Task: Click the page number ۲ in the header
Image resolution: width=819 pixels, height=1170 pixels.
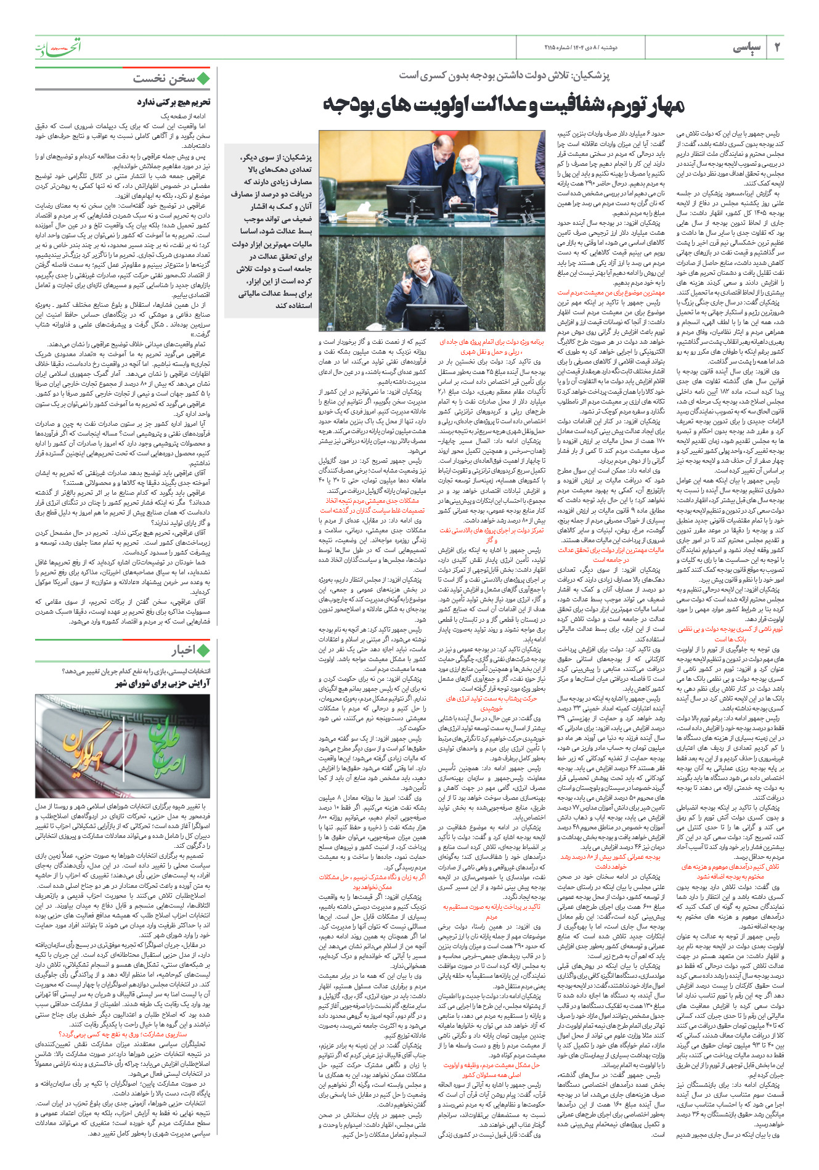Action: point(776,47)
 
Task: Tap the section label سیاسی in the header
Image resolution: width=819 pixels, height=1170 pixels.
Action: point(747,47)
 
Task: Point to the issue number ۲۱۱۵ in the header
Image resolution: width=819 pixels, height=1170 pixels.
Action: point(553,47)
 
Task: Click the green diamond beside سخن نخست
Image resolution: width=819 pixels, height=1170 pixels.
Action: point(203,78)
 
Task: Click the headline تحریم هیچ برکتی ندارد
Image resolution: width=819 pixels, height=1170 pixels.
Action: point(173,102)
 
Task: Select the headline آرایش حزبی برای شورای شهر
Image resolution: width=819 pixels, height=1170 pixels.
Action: point(163,683)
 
